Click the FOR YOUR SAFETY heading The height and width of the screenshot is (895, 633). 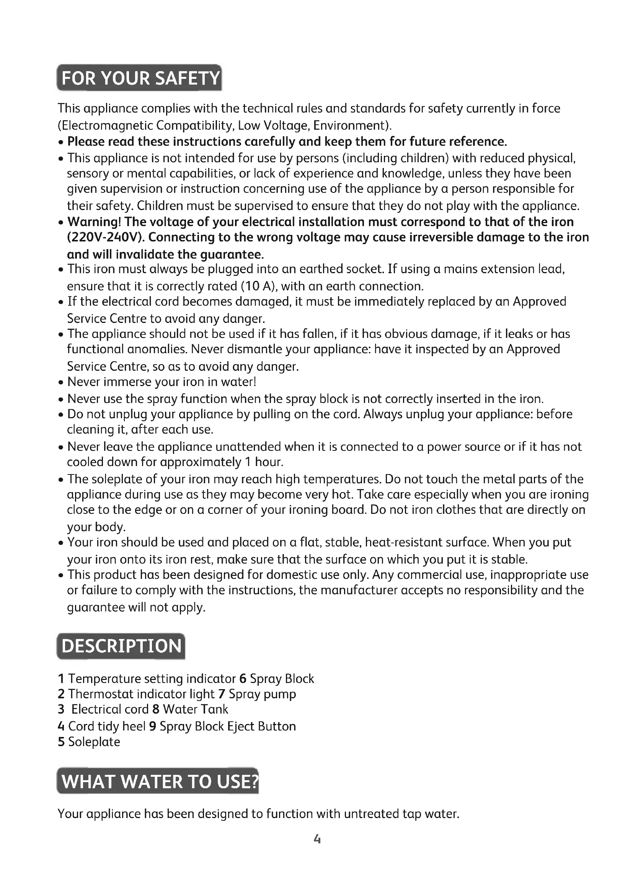click(140, 78)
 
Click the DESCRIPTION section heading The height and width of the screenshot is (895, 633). click(121, 646)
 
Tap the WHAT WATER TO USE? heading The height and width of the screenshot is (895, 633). click(158, 781)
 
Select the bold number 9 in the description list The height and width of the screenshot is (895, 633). click(153, 726)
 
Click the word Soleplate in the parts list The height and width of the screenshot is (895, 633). click(94, 742)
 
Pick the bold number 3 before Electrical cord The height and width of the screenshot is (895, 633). click(61, 709)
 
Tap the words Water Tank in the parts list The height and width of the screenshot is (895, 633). click(195, 709)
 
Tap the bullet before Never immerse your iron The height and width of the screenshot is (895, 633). click(61, 382)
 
